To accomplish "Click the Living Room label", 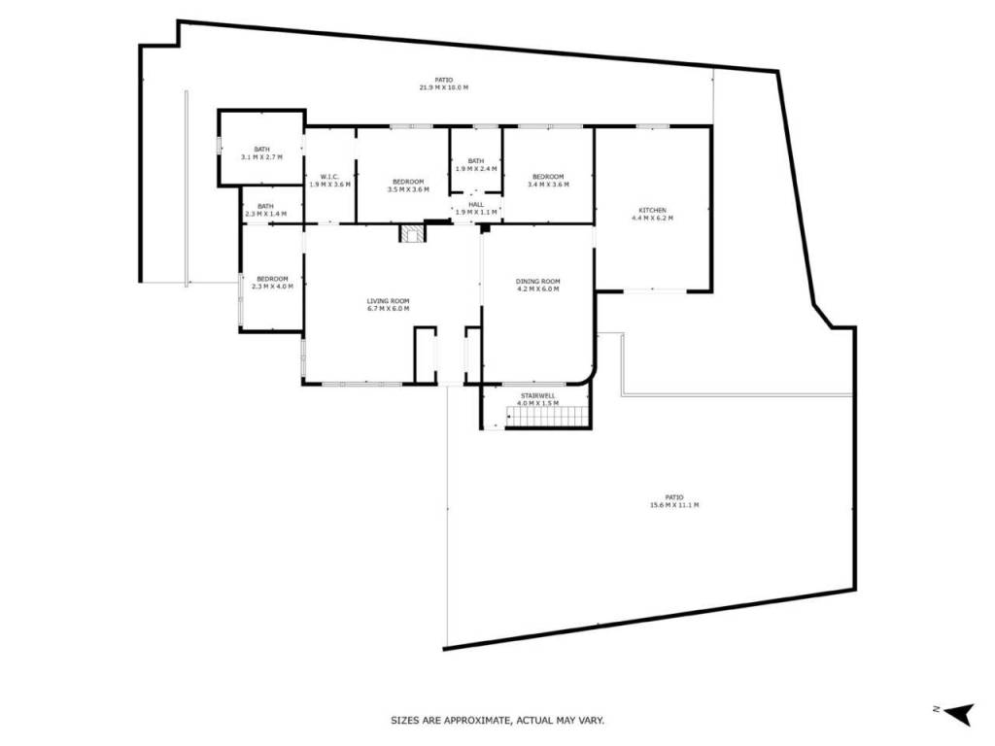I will click(388, 301).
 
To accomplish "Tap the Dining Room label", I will click(537, 282).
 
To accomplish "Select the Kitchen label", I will click(652, 211).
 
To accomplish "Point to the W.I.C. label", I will click(329, 177).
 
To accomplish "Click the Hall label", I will click(476, 205).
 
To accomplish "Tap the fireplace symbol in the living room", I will click(412, 233).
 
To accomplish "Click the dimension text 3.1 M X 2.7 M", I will click(262, 156).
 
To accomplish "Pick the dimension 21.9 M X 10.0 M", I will click(444, 87).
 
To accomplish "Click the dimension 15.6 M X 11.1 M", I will click(674, 505).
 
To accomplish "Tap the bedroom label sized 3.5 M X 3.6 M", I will click(408, 182).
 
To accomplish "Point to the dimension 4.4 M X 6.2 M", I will click(652, 219).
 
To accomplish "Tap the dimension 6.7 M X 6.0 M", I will click(388, 309).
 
